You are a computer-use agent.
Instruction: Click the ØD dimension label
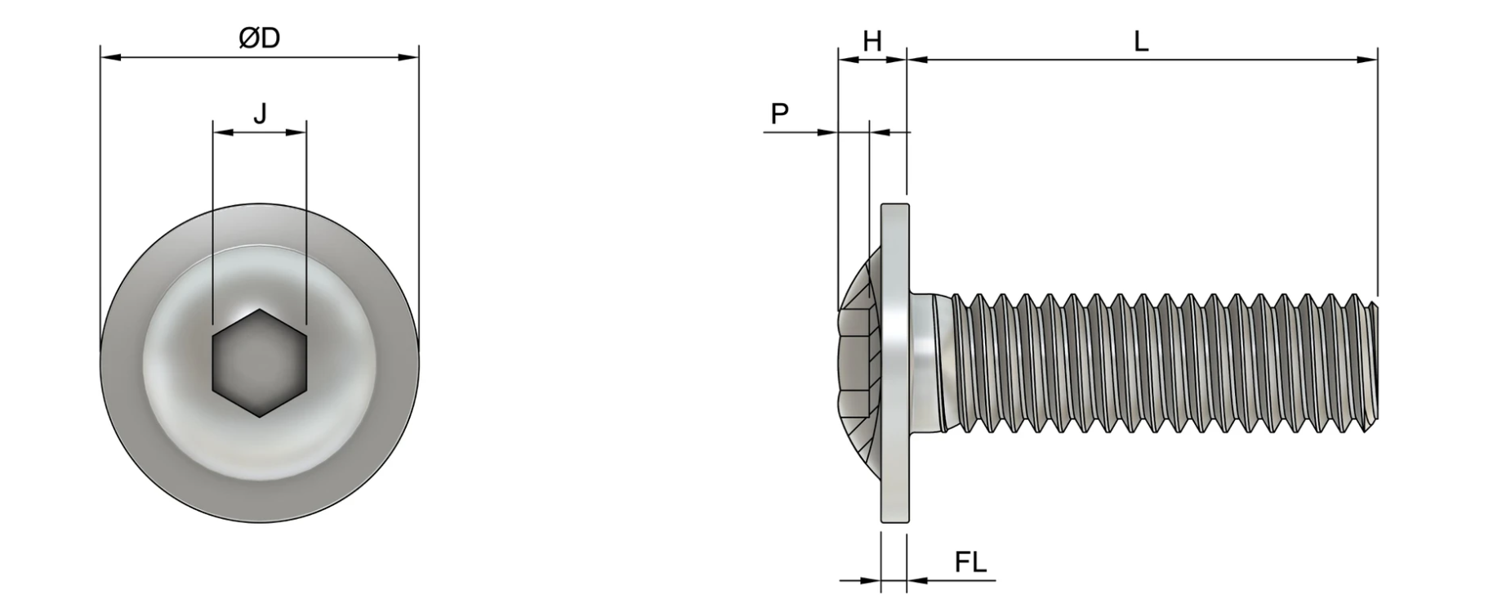pyautogui.click(x=260, y=38)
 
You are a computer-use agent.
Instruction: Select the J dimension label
pyautogui.click(x=260, y=113)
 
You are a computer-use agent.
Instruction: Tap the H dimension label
pyautogui.click(x=872, y=41)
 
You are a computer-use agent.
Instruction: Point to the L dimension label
pyautogui.click(x=1141, y=41)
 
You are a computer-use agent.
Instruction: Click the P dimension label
pyautogui.click(x=780, y=114)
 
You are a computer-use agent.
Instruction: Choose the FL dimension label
pyautogui.click(x=970, y=562)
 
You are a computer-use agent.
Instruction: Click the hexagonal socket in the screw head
pyautogui.click(x=260, y=363)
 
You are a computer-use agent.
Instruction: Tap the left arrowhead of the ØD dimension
pyautogui.click(x=110, y=57)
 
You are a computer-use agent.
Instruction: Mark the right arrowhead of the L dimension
pyautogui.click(x=1366, y=59)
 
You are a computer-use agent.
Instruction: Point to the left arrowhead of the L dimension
pyautogui.click(x=917, y=59)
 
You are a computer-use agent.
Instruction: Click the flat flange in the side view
pyautogui.click(x=894, y=363)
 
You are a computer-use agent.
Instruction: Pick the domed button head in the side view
pyautogui.click(x=860, y=363)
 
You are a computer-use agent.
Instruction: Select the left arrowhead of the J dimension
pyautogui.click(x=222, y=132)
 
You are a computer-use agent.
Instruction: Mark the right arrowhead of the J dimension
pyautogui.click(x=296, y=132)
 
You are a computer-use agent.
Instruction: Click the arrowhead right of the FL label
pyautogui.click(x=917, y=580)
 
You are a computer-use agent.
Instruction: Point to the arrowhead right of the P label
pyautogui.click(x=827, y=132)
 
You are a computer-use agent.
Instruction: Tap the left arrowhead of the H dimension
pyautogui.click(x=849, y=59)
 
